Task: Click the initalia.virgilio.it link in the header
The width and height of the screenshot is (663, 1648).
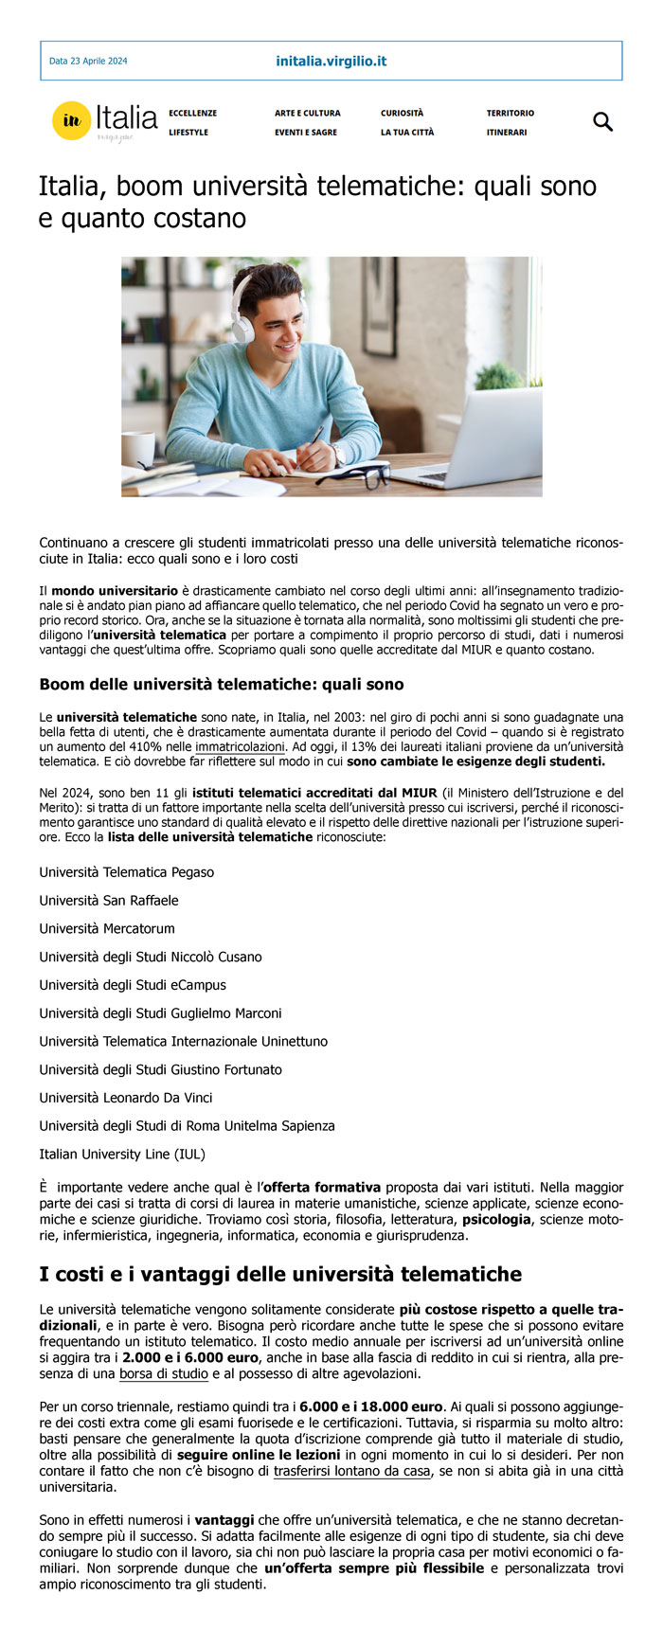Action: [331, 62]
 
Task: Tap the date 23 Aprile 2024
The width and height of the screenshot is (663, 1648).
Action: [88, 62]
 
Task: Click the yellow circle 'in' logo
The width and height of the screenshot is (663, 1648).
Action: [71, 121]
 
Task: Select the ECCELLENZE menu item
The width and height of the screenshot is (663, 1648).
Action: [192, 114]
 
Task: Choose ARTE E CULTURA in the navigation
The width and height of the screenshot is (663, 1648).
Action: [307, 114]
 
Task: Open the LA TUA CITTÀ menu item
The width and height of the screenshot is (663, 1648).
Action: [407, 133]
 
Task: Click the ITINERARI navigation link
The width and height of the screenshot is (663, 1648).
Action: [507, 133]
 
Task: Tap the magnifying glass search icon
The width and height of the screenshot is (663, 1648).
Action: [602, 122]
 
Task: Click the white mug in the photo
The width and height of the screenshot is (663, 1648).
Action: [138, 449]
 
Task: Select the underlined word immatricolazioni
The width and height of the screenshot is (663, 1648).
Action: [241, 747]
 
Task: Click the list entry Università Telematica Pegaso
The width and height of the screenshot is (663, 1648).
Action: [127, 872]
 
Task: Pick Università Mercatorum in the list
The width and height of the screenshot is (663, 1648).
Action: [107, 929]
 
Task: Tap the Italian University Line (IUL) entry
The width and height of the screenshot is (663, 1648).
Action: [122, 1155]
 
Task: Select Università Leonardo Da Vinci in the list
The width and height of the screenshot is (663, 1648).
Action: [126, 1098]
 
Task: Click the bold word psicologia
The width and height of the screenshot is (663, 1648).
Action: [496, 1220]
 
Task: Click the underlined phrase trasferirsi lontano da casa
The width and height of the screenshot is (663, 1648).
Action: [351, 1472]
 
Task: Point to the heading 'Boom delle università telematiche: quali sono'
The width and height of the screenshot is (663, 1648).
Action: [222, 685]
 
